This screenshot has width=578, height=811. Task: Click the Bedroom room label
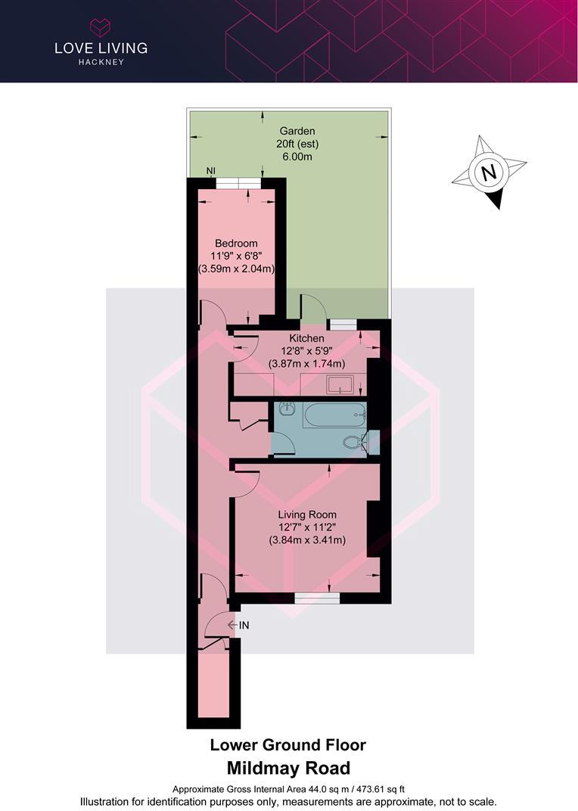pyautogui.click(x=236, y=243)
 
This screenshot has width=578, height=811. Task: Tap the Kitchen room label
pyautogui.click(x=307, y=338)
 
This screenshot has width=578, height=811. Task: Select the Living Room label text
pyautogui.click(x=307, y=514)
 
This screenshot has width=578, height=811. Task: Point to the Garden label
pyautogui.click(x=297, y=132)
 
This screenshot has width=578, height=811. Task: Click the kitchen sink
pyautogui.click(x=339, y=385)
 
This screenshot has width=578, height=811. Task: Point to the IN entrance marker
pyautogui.click(x=238, y=626)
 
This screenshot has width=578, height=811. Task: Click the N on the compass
pyautogui.click(x=487, y=172)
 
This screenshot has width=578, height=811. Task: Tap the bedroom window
pyautogui.click(x=238, y=183)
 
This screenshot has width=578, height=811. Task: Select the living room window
pyautogui.click(x=317, y=598)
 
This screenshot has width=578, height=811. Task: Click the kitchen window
pyautogui.click(x=343, y=325)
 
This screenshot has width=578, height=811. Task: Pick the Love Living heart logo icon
pyautogui.click(x=100, y=26)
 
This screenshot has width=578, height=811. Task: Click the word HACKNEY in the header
pyautogui.click(x=101, y=62)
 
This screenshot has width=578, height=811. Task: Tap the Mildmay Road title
pyautogui.click(x=289, y=768)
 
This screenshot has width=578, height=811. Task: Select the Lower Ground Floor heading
pyautogui.click(x=287, y=744)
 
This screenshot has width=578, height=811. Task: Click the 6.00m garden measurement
pyautogui.click(x=297, y=157)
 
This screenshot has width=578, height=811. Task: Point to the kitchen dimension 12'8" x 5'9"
pyautogui.click(x=307, y=351)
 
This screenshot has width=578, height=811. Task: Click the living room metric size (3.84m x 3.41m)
pyautogui.click(x=307, y=540)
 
